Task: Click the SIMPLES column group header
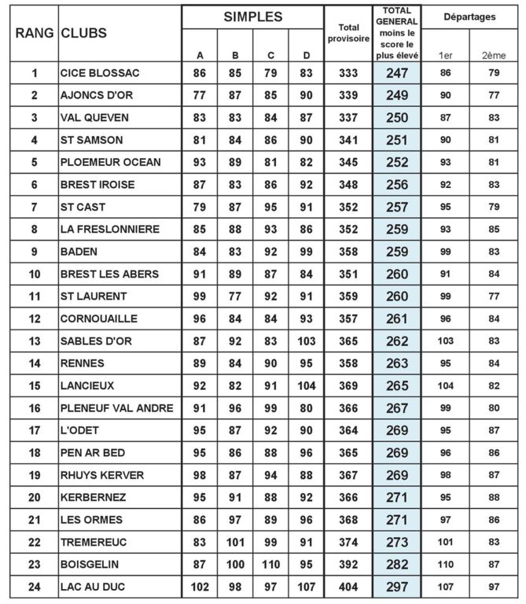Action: tap(252, 17)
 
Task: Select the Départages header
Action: tap(469, 16)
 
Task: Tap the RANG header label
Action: tap(34, 34)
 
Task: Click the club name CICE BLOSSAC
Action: tap(99, 73)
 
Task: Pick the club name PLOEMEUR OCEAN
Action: tap(110, 163)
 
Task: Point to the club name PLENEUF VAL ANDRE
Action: tap(116, 409)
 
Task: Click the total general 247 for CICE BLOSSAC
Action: tap(397, 73)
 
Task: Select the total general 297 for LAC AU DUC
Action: tap(397, 587)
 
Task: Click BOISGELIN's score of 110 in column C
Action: tap(270, 565)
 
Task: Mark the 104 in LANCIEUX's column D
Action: tap(306, 386)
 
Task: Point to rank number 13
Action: tap(35, 341)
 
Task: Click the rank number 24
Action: tap(35, 587)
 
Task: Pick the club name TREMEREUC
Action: tap(94, 543)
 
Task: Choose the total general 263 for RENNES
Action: tap(397, 364)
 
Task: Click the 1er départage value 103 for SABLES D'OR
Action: tap(446, 341)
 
